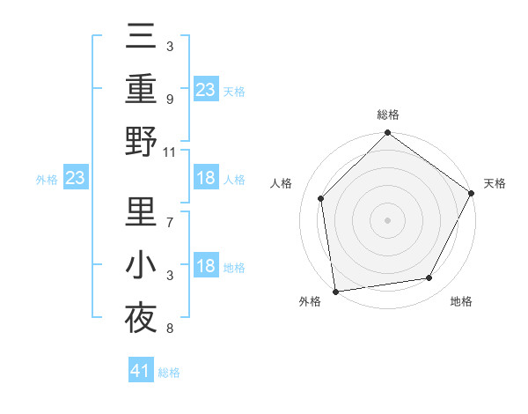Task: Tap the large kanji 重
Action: [142, 89]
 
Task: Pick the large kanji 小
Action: [142, 264]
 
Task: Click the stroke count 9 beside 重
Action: [170, 100]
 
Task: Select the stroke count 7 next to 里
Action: [170, 214]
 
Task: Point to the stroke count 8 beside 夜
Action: [170, 329]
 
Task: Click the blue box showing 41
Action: [141, 372]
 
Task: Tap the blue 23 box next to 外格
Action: [76, 179]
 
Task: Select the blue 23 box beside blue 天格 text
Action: [206, 89]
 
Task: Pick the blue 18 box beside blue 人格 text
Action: [206, 179]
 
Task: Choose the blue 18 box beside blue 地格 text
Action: [206, 267]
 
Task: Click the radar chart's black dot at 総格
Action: [387, 134]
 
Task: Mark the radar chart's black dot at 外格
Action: [335, 291]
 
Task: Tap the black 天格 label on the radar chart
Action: [495, 183]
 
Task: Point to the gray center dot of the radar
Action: [387, 219]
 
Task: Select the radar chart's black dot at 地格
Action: [429, 277]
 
